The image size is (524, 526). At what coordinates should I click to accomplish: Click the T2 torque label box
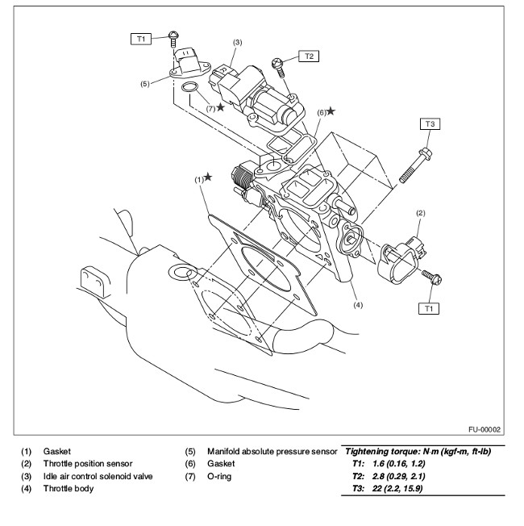[x=309, y=56]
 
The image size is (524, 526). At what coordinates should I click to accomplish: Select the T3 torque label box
[x=430, y=123]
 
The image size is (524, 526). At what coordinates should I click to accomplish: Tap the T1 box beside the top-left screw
[x=141, y=39]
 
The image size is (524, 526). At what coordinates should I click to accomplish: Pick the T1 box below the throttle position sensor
[x=429, y=308]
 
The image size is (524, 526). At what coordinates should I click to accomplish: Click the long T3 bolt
[x=415, y=165]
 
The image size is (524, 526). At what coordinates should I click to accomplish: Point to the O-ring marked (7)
[x=189, y=87]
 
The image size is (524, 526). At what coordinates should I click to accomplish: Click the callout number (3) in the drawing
[x=237, y=42]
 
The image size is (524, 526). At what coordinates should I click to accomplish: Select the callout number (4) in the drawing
[x=358, y=305]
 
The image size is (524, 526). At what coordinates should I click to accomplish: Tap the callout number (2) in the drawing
[x=420, y=213]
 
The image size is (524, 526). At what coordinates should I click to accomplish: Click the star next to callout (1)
[x=208, y=177]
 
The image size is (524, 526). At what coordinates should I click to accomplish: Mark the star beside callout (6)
[x=331, y=111]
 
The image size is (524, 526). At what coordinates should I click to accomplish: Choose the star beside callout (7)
[x=220, y=107]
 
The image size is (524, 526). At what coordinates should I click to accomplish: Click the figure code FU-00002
[x=484, y=429]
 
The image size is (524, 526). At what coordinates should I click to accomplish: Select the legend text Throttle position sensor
[x=88, y=464]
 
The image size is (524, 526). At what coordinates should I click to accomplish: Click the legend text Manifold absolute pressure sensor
[x=272, y=452]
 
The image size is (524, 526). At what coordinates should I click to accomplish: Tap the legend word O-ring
[x=219, y=476]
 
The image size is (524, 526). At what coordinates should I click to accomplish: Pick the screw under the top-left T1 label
[x=173, y=39]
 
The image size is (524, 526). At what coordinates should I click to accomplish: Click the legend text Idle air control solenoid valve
[x=98, y=476]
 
